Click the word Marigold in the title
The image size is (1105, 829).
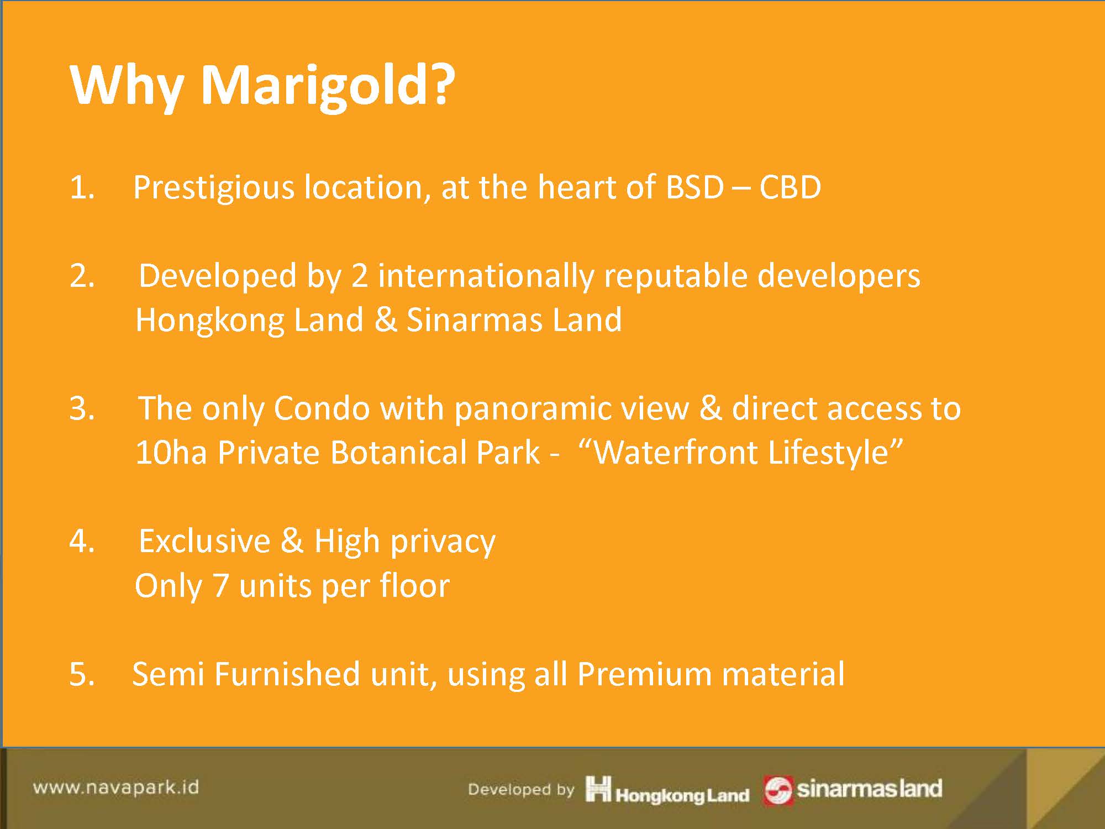(327, 86)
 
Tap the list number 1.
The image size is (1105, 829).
(82, 187)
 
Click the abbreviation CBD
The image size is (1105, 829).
(790, 187)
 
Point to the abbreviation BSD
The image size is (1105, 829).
(694, 187)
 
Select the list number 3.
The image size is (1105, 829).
(82, 409)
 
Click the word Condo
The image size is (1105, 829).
(322, 409)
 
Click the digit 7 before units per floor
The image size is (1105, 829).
(220, 586)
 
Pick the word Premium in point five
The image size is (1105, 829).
(645, 674)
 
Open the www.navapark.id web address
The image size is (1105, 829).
(116, 787)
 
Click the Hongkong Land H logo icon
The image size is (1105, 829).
(598, 788)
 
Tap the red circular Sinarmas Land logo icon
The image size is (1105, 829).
(778, 791)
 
